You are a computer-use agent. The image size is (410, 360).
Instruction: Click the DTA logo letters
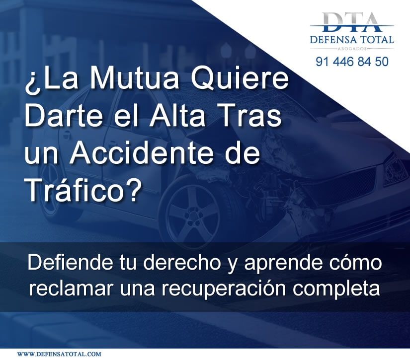click(352, 22)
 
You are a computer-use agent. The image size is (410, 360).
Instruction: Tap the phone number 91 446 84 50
click(352, 62)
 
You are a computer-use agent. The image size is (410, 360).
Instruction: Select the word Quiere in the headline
click(240, 80)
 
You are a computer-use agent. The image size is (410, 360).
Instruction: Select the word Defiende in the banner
click(69, 262)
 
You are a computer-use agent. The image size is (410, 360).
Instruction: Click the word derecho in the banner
click(182, 262)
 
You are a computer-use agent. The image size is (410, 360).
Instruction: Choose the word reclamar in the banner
click(72, 288)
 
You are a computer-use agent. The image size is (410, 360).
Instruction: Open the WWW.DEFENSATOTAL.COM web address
click(59, 354)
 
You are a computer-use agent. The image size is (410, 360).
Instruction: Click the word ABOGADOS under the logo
click(352, 49)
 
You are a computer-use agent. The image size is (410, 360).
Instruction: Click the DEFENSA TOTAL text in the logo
click(352, 39)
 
